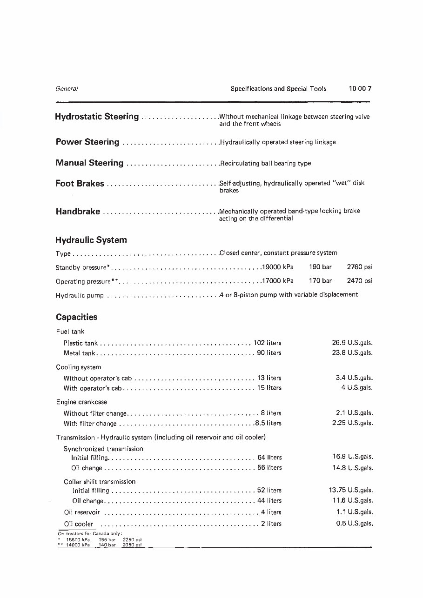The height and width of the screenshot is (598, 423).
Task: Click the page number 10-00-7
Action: (360, 89)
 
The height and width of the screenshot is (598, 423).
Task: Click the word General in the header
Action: (67, 89)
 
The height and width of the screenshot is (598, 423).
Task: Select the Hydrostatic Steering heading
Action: (97, 117)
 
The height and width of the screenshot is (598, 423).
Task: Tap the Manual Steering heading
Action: (89, 163)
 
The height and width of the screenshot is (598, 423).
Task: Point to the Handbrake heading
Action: (78, 212)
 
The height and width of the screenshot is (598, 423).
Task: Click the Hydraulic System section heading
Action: (91, 240)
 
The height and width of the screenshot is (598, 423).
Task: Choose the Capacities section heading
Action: (76, 317)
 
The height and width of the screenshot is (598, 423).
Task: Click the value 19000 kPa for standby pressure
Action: (278, 267)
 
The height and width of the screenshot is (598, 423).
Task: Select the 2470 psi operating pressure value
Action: (360, 281)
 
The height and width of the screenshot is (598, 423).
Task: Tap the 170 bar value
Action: (320, 281)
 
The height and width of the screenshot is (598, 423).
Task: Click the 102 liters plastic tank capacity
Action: (268, 343)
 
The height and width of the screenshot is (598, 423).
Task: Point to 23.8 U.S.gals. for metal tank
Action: (352, 353)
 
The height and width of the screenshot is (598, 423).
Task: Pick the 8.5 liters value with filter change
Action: (268, 423)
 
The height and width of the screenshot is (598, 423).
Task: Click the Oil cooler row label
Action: (79, 524)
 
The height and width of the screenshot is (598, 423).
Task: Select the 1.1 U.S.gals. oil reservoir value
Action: (354, 512)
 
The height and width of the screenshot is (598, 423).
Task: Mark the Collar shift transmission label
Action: (100, 482)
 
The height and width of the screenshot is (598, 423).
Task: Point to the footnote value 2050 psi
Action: (132, 545)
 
